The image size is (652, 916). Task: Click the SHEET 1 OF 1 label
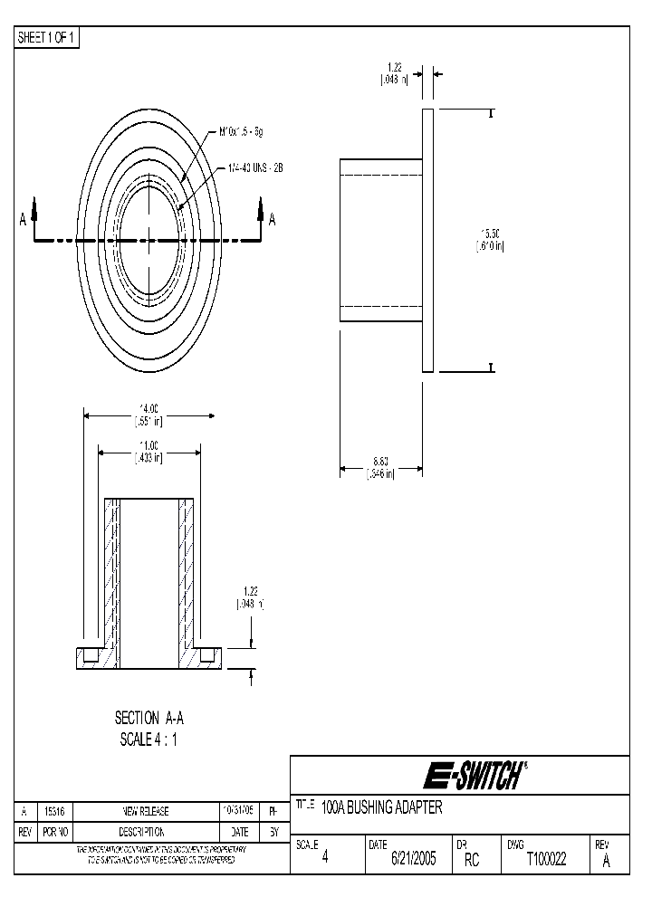coord(48,37)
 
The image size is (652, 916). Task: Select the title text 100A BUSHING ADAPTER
coord(382,808)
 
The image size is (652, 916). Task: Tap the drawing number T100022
coord(546,860)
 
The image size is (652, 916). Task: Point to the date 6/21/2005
coord(413,860)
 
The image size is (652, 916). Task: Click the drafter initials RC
coord(471,860)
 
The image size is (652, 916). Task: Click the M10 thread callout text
coord(241,131)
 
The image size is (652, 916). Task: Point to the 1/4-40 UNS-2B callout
coord(257,168)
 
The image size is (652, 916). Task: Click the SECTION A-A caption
coord(149,718)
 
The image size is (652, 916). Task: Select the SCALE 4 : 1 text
coord(149,739)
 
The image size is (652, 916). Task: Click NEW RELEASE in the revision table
coord(146,812)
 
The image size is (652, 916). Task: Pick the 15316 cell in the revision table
coord(52,812)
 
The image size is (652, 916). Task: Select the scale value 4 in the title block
coord(325,860)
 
